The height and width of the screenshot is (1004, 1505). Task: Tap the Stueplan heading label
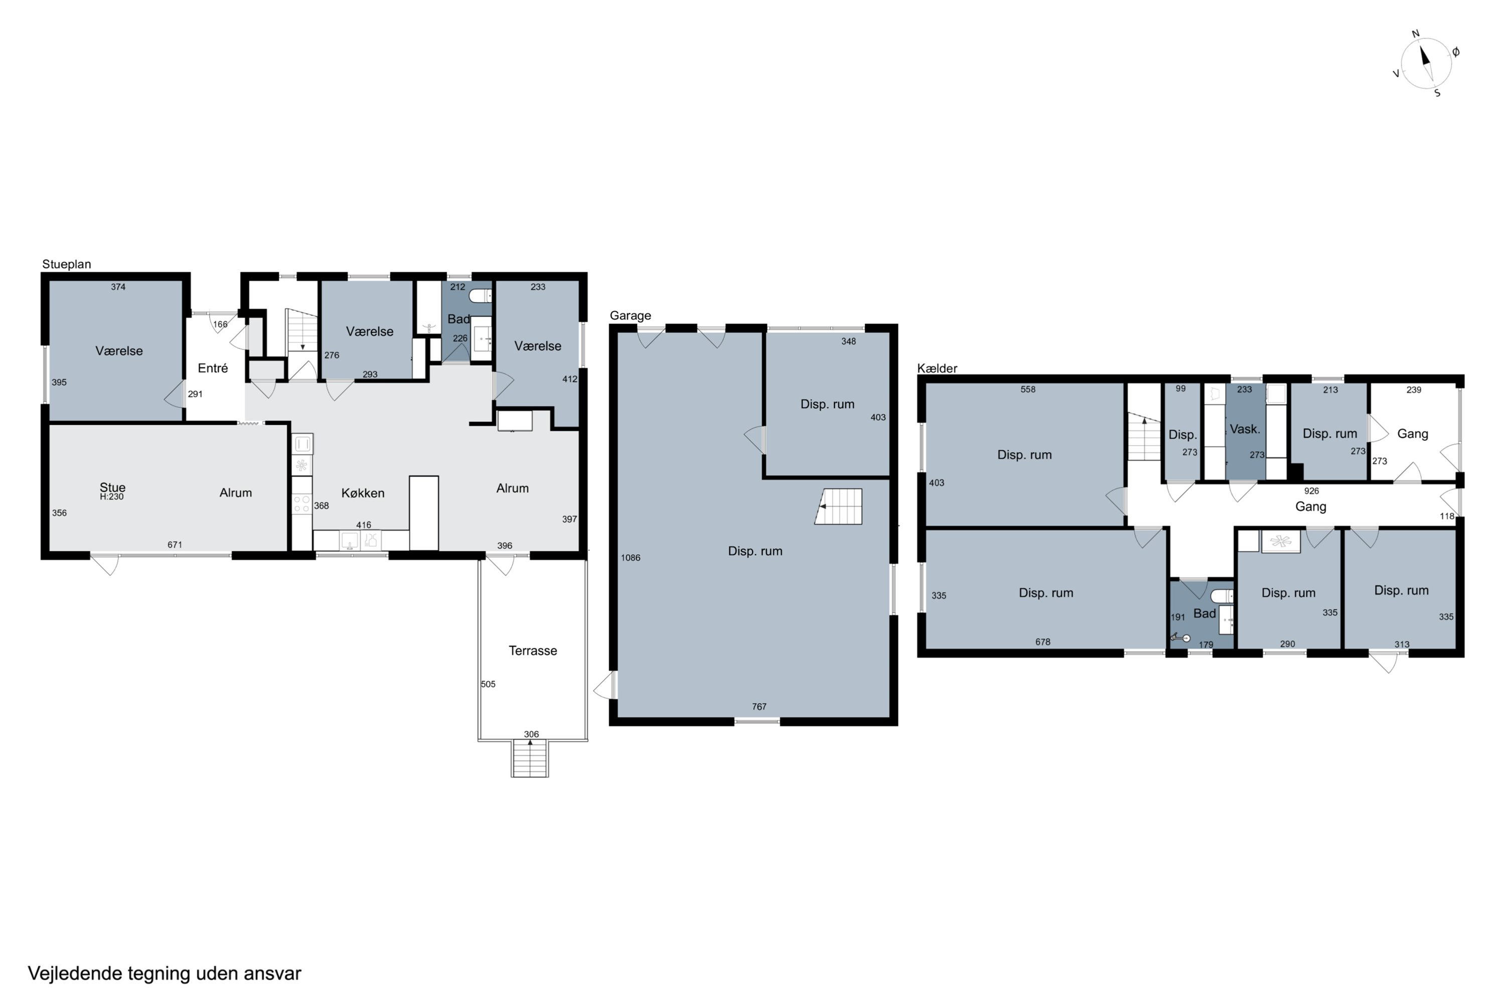tap(67, 264)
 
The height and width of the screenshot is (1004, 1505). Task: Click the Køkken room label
tap(363, 493)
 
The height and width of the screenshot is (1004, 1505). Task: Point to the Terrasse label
tap(533, 651)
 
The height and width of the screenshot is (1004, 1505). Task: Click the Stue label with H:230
tap(112, 491)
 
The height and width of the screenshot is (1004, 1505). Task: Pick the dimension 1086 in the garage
tap(630, 558)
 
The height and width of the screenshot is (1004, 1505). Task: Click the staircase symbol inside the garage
tap(838, 507)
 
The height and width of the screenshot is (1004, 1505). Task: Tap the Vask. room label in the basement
tap(1245, 429)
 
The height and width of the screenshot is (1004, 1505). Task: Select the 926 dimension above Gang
tap(1311, 491)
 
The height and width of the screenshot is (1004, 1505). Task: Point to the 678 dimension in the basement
tap(1043, 642)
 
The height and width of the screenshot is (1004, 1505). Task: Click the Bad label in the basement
tap(1205, 613)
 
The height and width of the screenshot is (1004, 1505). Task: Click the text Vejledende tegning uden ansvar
tap(165, 973)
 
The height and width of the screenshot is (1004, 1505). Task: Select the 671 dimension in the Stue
tap(175, 545)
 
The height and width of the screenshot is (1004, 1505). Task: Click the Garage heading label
tap(630, 315)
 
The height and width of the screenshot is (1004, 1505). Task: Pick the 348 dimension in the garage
tap(848, 341)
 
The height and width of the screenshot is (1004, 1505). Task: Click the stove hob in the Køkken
tap(302, 504)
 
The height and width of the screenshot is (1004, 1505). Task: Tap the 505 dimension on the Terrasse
tap(488, 684)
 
